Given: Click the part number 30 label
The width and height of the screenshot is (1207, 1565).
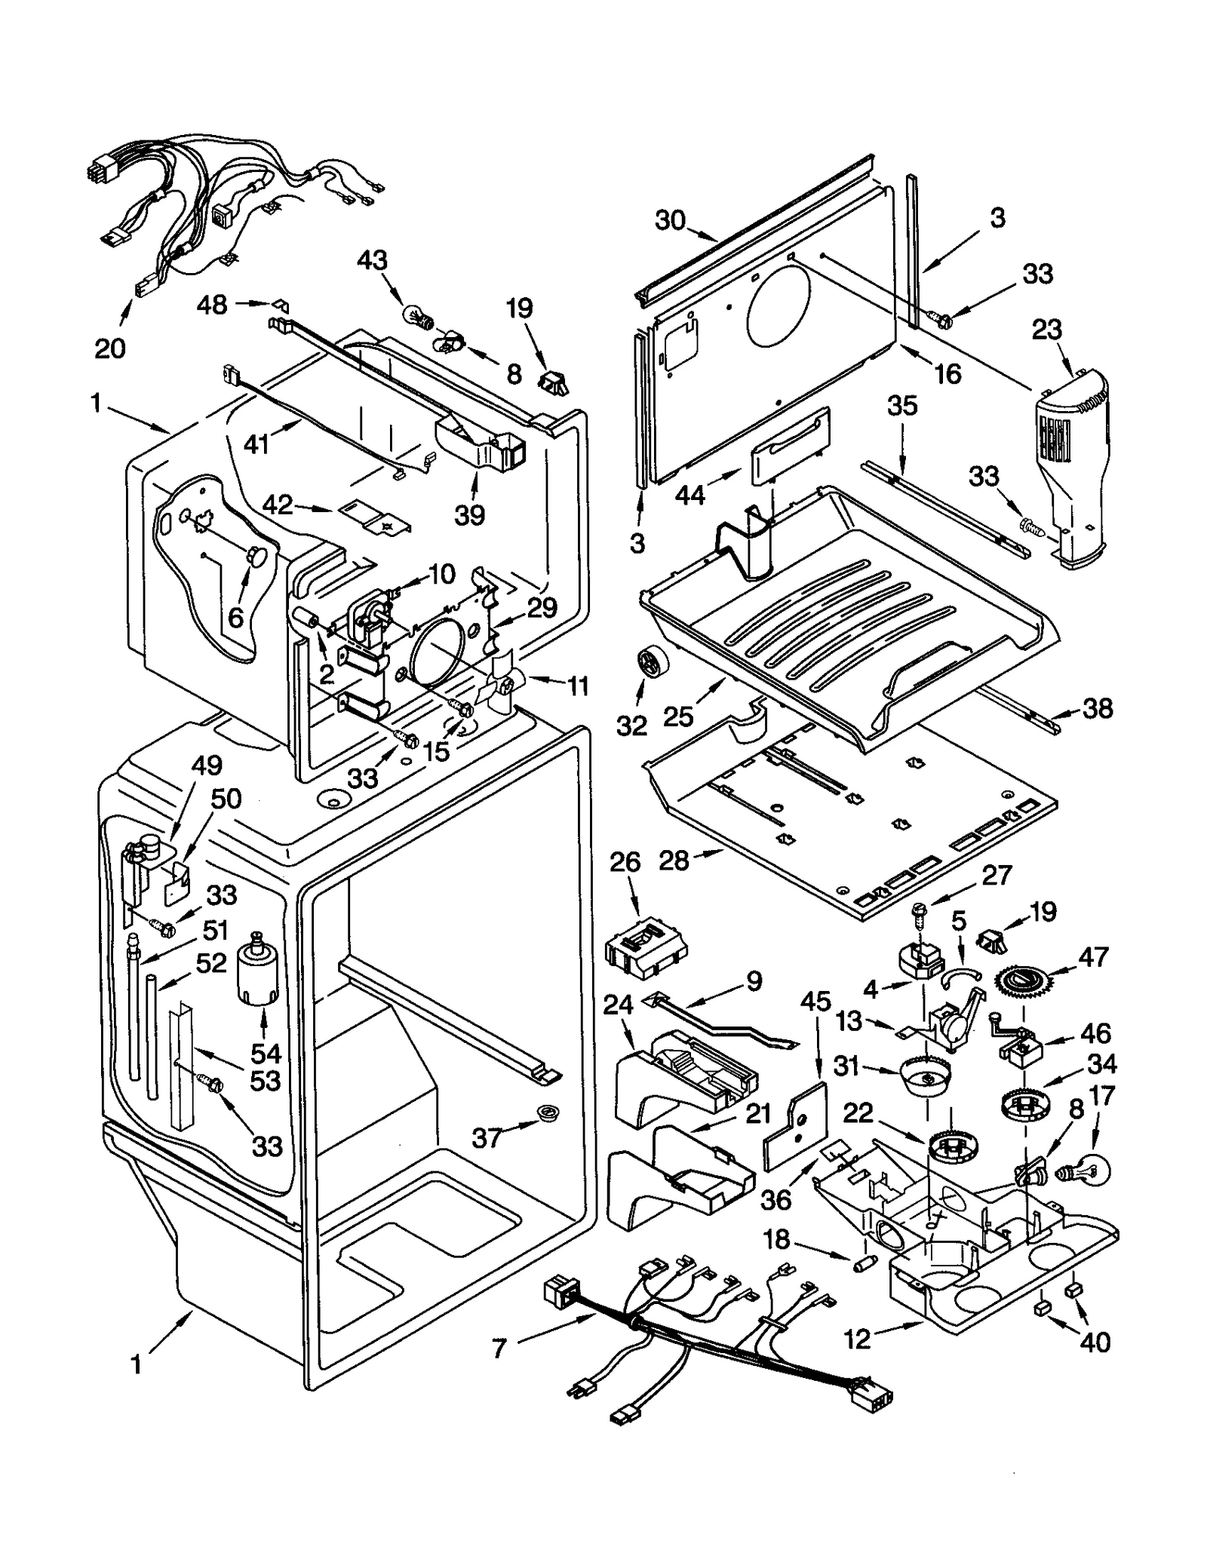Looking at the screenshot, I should (x=669, y=220).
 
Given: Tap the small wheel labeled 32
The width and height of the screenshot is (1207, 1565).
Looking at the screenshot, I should (x=648, y=664).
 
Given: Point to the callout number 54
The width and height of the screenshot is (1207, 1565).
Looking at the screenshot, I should (x=266, y=1053).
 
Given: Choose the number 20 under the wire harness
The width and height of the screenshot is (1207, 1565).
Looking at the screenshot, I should (x=110, y=348).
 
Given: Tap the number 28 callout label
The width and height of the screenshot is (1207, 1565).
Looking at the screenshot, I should (x=674, y=859).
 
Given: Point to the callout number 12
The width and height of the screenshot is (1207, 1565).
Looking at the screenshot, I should (x=858, y=1339).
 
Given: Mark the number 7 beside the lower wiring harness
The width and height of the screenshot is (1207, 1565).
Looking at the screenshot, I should (x=499, y=1349).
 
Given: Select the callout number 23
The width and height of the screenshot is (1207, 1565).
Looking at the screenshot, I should (x=1047, y=330).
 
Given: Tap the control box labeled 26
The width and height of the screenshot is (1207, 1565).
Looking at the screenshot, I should (x=646, y=938).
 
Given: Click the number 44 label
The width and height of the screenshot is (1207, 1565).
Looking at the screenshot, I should (x=689, y=495).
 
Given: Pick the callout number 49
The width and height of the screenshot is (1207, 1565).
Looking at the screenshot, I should (x=206, y=766).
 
